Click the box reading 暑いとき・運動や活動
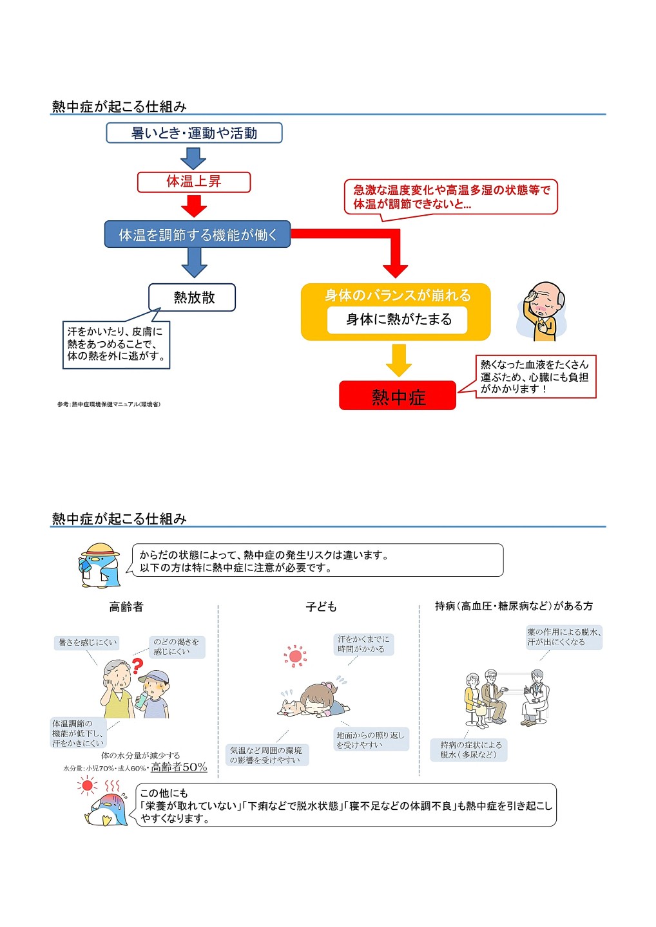194,133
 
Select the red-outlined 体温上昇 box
194,182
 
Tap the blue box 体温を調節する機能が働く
197,235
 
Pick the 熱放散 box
192,297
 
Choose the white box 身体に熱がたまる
397,320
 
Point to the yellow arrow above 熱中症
399,360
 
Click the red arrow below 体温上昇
194,205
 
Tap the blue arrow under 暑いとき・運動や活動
193,158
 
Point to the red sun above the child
295,656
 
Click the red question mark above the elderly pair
137,665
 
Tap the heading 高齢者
126,606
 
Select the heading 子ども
321,606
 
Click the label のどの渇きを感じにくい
177,647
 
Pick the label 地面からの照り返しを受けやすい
371,740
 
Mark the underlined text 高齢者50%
179,767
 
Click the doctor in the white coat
535,697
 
